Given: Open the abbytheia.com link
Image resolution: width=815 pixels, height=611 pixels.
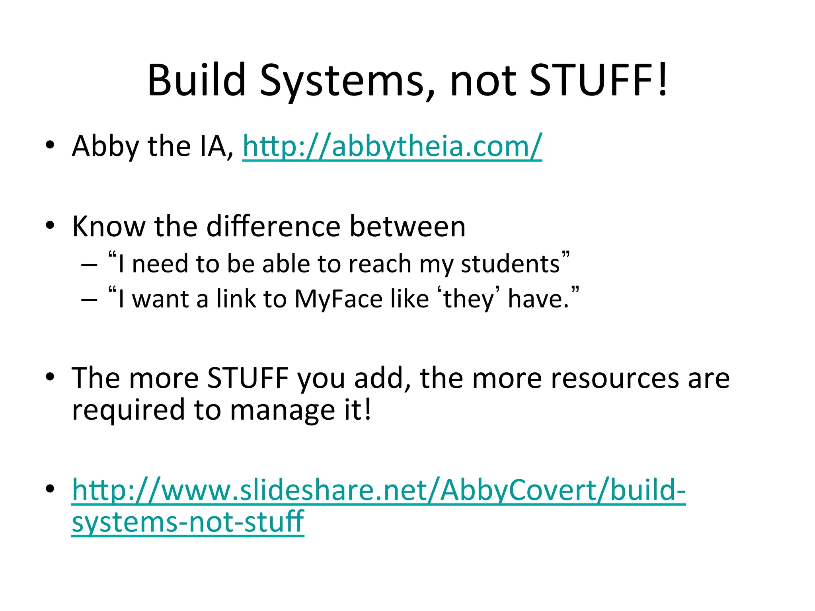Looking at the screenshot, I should click(392, 146).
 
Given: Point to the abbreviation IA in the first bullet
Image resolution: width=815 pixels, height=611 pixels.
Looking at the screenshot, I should click(216, 146).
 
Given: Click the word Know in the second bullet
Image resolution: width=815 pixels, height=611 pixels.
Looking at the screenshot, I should click(109, 226).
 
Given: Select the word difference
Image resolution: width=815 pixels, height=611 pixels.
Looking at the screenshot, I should click(273, 226).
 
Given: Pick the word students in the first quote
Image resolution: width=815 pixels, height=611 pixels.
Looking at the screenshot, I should click(510, 264).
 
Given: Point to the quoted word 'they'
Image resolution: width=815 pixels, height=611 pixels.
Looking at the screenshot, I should click(468, 299).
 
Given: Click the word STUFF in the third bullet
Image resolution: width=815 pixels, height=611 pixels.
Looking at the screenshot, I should click(248, 377).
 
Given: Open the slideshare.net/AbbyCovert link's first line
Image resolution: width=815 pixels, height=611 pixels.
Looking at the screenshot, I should click(378, 490).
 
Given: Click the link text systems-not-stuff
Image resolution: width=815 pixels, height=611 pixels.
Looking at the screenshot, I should click(188, 522).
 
